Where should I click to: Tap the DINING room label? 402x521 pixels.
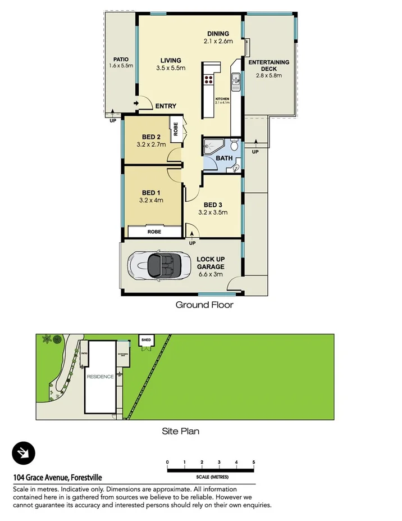(218, 33)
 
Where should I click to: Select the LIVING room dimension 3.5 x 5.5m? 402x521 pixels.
(171, 69)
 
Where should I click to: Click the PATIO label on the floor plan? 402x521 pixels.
(121, 59)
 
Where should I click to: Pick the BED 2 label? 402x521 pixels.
(151, 137)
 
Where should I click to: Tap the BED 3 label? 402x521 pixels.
(213, 205)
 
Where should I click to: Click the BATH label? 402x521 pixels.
(225, 158)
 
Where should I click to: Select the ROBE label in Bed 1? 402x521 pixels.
(154, 232)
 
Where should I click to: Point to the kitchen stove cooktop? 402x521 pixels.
(209, 80)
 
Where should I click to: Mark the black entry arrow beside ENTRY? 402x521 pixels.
(136, 104)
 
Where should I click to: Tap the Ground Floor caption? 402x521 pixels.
(204, 305)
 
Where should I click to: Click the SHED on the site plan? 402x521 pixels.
(146, 341)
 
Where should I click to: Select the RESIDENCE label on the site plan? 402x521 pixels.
(100, 377)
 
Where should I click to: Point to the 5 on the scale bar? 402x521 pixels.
(254, 462)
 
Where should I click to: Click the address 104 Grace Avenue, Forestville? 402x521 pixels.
(57, 478)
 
